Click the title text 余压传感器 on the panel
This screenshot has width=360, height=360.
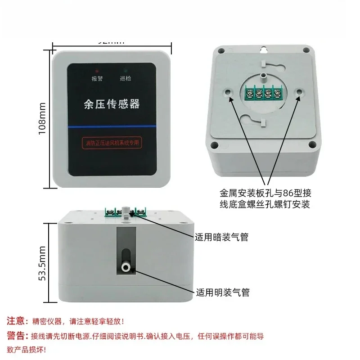click(112, 104)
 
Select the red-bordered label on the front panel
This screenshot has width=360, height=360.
click(112, 143)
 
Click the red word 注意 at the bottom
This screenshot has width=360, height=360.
click(16, 321)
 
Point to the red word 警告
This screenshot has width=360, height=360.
click(16, 335)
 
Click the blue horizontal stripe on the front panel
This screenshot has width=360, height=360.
click(112, 128)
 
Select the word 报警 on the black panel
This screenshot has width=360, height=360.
click(97, 79)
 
